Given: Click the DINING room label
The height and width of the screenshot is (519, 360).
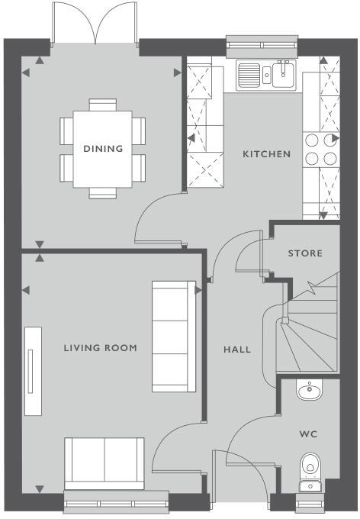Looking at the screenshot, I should click(x=103, y=149).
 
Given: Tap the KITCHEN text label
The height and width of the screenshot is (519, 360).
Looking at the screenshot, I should click(x=266, y=154).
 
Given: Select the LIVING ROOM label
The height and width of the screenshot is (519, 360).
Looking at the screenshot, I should click(x=100, y=348).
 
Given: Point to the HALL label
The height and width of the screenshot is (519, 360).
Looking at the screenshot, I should click(x=237, y=350).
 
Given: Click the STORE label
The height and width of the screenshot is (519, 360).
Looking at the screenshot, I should click(x=305, y=253).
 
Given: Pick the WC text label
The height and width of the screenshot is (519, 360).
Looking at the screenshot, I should click(x=308, y=434).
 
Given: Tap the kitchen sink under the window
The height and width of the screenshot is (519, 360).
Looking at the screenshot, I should click(x=266, y=75).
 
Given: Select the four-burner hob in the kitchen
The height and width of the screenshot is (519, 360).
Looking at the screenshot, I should click(x=320, y=148).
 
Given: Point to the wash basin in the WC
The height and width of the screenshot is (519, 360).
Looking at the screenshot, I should click(x=310, y=392).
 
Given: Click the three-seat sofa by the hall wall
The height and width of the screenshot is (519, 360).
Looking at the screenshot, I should click(x=174, y=336).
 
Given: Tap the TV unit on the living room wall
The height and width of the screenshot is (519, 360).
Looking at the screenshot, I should click(x=32, y=372).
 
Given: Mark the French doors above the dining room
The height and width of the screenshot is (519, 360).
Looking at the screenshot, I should click(x=95, y=24).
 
